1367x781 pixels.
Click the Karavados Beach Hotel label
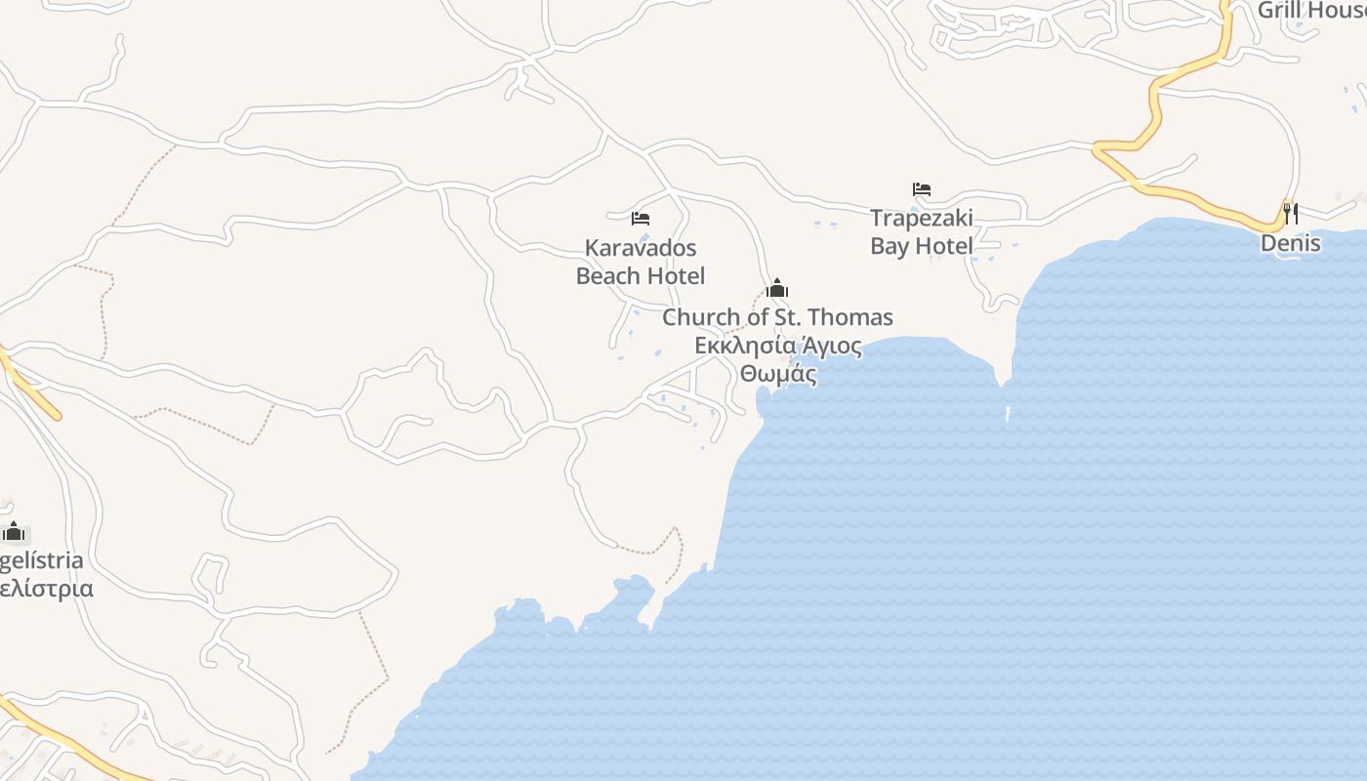(641, 262)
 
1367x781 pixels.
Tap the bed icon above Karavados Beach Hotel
(641, 219)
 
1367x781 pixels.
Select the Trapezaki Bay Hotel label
(921, 231)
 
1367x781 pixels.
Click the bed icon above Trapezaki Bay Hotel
(921, 189)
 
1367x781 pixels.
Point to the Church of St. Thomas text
(777, 317)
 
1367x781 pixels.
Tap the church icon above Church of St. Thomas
(777, 289)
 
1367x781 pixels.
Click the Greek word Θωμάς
(777, 374)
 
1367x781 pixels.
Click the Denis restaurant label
(1290, 243)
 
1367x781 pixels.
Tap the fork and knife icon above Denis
(1290, 212)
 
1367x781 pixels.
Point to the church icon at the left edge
(14, 532)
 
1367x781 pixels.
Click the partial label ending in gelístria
(41, 561)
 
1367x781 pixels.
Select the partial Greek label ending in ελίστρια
(46, 589)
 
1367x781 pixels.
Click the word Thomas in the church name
(849, 317)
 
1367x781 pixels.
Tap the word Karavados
(641, 247)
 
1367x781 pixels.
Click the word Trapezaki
(921, 218)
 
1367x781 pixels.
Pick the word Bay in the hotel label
(889, 246)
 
